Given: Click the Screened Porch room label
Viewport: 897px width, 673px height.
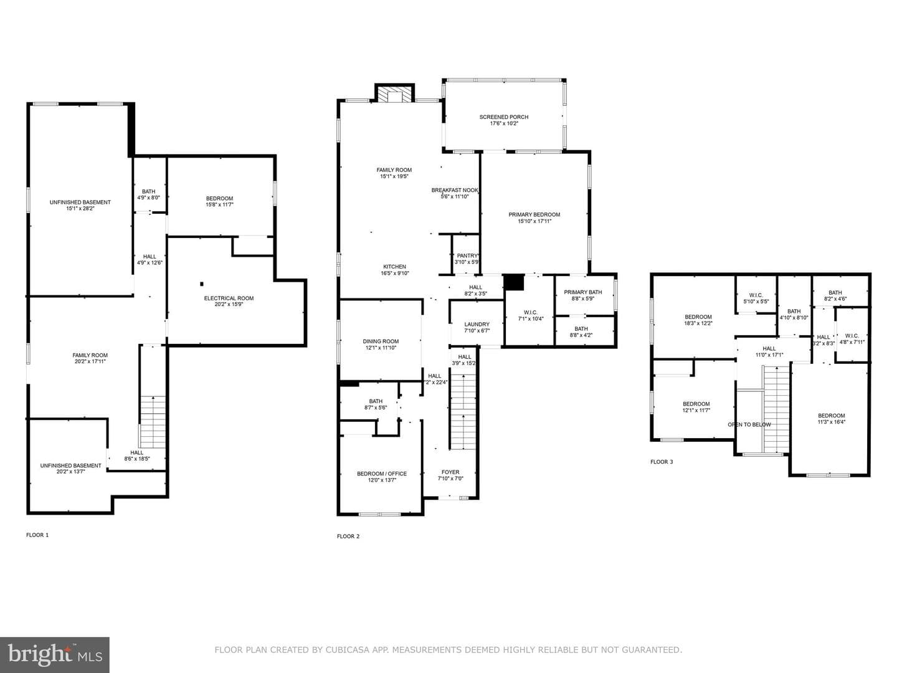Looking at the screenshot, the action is (504, 117).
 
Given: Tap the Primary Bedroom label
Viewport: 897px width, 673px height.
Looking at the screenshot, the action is (534, 214).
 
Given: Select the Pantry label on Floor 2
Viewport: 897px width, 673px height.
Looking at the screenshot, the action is (467, 255).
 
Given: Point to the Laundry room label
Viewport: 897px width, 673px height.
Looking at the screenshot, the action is (477, 325).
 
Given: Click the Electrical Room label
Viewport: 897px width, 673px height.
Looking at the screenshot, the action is (229, 298).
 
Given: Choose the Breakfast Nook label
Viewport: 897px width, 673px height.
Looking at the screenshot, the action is (455, 190).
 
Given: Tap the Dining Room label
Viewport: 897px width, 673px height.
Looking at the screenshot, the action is (381, 341).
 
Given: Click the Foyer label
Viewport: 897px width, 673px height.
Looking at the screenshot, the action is (450, 472).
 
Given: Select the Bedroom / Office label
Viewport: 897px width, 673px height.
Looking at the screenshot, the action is (382, 474).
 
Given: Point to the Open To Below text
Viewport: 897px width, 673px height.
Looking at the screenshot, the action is (749, 424).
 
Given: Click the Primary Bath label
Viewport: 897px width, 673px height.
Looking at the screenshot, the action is (583, 292).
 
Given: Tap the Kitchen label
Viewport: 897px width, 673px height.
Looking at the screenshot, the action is (394, 267).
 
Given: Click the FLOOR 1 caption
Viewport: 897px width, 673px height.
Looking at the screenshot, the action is (37, 535).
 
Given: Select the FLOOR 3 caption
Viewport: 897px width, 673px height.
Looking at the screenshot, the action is (662, 462).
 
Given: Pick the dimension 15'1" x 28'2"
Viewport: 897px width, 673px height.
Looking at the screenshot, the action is (80, 208).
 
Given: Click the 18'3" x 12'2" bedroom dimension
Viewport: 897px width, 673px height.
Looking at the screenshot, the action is (698, 323).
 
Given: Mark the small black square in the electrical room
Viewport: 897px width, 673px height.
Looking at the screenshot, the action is (201, 284).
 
